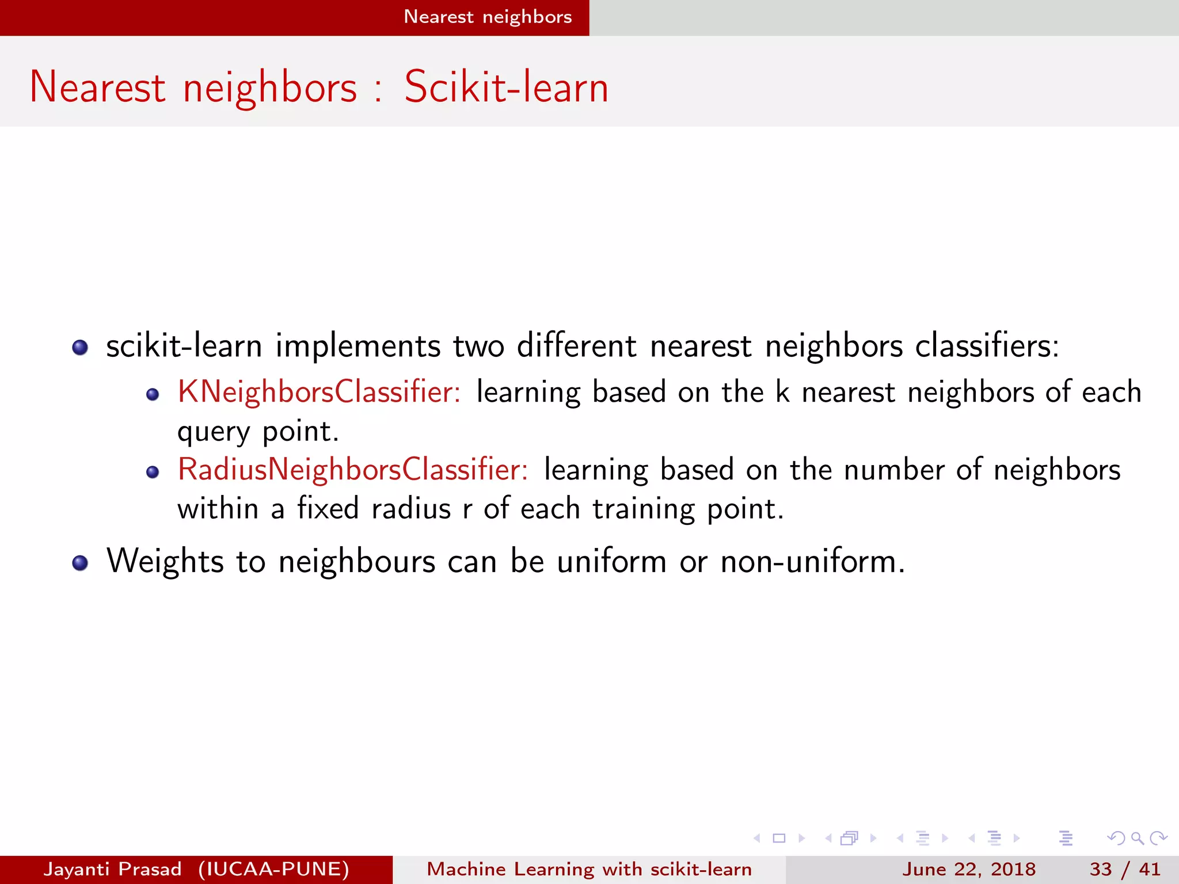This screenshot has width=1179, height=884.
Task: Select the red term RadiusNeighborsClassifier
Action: pos(353,470)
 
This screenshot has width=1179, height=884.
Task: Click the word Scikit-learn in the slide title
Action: pos(506,87)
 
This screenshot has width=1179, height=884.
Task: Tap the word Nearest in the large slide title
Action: pos(97,87)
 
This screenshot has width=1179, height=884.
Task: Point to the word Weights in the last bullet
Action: pos(165,561)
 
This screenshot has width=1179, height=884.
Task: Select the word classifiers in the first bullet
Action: pos(987,346)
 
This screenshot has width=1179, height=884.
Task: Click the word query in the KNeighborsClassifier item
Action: pos(214,432)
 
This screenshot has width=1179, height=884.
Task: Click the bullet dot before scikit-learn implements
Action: pos(80,348)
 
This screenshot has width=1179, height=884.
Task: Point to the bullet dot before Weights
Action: pos(80,563)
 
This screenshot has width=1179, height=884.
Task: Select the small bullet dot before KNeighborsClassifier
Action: pos(153,395)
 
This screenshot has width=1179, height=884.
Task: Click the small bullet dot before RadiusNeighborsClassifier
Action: pos(153,473)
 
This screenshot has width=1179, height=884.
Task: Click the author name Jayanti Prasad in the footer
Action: pos(113,869)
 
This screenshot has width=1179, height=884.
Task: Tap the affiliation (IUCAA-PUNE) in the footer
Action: pos(273,869)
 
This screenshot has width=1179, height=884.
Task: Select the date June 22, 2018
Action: pos(969,869)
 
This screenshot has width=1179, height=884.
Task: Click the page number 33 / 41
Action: pos(1125,869)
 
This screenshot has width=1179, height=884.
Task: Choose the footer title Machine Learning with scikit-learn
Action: pos(589,869)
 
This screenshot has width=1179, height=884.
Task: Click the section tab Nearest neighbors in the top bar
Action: pos(488,17)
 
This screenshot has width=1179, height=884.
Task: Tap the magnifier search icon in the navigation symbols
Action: pos(1137,838)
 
